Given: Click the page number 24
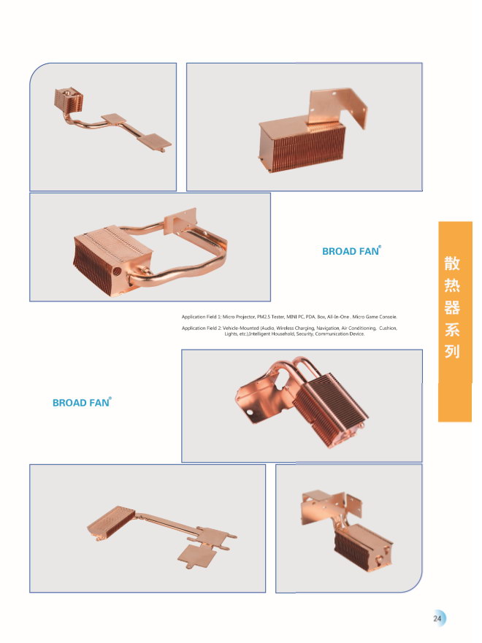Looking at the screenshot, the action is [x=437, y=618].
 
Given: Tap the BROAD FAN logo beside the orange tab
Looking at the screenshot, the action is [x=351, y=251].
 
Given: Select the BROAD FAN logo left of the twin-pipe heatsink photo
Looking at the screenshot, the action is [x=82, y=402].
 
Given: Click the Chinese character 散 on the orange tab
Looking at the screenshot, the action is [x=452, y=263].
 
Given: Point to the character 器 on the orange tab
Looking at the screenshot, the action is [x=452, y=307].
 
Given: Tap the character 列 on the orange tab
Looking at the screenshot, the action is [x=452, y=352].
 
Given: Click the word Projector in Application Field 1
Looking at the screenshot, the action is [x=245, y=317].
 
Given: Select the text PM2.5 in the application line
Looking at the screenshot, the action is [x=263, y=317].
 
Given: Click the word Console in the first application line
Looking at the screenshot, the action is [x=388, y=317].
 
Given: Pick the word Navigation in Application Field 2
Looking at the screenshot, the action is [x=327, y=328].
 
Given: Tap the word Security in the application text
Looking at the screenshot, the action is [x=304, y=334].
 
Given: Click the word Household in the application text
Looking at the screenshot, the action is [x=283, y=334].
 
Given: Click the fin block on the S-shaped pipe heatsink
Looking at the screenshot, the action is [x=69, y=100].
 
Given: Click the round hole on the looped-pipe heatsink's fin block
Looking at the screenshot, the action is [x=117, y=271].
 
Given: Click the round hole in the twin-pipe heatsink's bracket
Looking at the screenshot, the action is [x=249, y=413].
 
